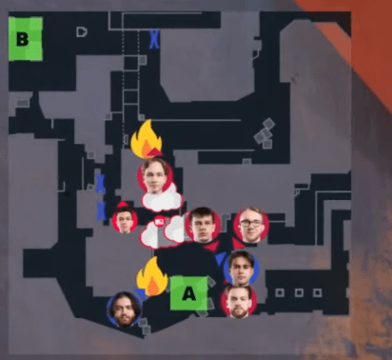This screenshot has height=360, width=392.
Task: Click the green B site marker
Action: point(26,39)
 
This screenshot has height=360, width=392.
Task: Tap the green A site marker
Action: point(189,293)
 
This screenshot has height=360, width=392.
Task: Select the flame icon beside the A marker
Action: point(152,277)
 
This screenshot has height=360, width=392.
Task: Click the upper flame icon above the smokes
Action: point(147,138)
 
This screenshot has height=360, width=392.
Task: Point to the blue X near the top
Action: point(154,39)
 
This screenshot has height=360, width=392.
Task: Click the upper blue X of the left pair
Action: point(100,184)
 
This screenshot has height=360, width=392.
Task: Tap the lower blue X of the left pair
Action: point(101,210)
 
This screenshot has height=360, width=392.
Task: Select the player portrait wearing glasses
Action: point(251,225)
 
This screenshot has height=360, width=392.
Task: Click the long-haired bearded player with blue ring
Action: point(125,310)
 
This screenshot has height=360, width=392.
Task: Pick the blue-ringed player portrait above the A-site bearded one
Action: point(242,269)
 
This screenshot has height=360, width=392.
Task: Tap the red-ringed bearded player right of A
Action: point(239,301)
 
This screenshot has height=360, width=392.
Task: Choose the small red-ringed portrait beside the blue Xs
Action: point(125,219)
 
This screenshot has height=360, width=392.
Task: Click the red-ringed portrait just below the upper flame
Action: point(155,175)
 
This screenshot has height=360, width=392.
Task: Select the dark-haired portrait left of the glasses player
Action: point(203,225)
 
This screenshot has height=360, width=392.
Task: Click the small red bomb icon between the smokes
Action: point(159,221)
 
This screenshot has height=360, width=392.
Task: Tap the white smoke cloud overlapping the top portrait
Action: point(163,199)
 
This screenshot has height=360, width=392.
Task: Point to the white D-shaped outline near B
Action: point(82,32)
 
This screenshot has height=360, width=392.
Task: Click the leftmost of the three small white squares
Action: point(280,292)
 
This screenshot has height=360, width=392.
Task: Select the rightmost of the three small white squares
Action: point(318,292)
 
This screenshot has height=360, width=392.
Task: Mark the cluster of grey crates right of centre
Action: point(265,133)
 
